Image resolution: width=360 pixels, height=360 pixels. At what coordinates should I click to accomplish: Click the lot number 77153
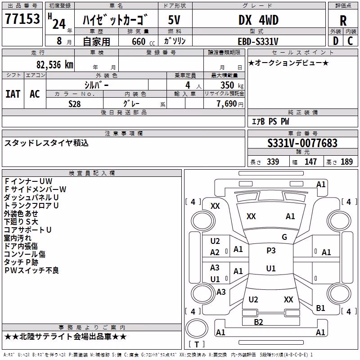pyautogui.click(x=22, y=18)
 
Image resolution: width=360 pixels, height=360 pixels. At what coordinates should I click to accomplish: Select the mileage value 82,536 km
pyautogui.click(x=55, y=65)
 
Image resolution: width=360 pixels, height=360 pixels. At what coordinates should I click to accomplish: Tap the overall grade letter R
pyautogui.click(x=343, y=21)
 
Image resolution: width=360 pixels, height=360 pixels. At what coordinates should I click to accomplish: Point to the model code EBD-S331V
pyautogui.click(x=258, y=41)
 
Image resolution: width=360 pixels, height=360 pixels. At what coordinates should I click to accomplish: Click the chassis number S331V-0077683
pyautogui.click(x=302, y=143)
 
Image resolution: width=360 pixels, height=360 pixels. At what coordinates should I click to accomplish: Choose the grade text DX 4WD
pyautogui.click(x=258, y=20)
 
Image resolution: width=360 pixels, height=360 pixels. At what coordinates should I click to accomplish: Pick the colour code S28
pyautogui.click(x=75, y=104)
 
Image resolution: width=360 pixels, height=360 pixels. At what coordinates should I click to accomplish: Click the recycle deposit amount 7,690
pyautogui.click(x=227, y=104)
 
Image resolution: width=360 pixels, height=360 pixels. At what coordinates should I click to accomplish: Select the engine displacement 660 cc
pyautogui.click(x=143, y=42)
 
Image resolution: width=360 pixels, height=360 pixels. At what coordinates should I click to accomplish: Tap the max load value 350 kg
pyautogui.click(x=232, y=85)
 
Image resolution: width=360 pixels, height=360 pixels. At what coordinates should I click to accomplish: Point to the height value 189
pyautogui.click(x=346, y=162)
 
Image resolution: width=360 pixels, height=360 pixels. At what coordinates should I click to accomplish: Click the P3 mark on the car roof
pyautogui.click(x=271, y=251)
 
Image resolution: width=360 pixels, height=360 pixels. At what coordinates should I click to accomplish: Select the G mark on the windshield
pyautogui.click(x=284, y=237)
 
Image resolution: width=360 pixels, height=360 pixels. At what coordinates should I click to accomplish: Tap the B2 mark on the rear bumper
pyautogui.click(x=258, y=322)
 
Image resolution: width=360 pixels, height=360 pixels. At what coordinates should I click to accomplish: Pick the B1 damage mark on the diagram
pyautogui.click(x=320, y=308)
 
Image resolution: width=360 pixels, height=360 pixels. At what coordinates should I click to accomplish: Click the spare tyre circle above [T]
pyautogui.click(x=197, y=328)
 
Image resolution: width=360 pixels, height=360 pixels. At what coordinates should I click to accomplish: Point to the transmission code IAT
pyautogui.click(x=13, y=94)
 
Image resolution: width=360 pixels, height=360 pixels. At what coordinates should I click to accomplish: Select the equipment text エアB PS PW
pyautogui.click(x=270, y=121)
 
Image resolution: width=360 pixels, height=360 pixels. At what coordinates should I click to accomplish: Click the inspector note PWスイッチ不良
pyautogui.click(x=31, y=270)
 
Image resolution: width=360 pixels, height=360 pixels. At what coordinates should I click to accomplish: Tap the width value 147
pyautogui.click(x=310, y=162)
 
